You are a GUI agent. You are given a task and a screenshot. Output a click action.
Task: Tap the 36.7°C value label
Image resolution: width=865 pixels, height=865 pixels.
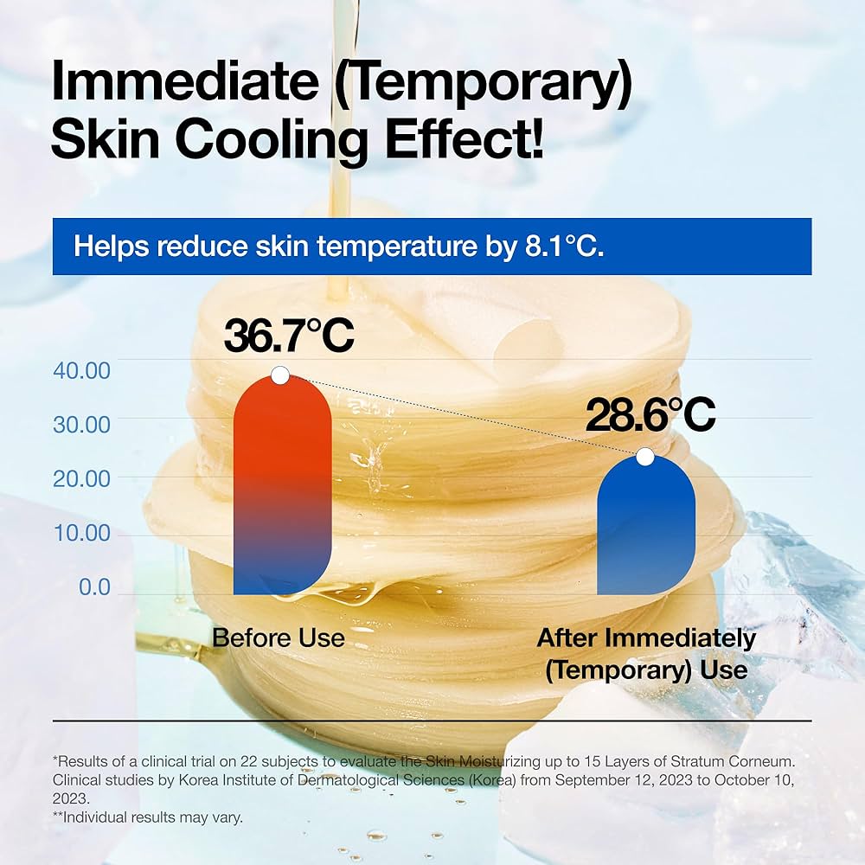(289, 336)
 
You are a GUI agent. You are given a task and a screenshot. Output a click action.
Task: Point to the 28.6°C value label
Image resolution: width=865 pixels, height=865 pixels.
(650, 416)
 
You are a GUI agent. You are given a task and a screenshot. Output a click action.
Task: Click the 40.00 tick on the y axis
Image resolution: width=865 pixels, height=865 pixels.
(82, 370)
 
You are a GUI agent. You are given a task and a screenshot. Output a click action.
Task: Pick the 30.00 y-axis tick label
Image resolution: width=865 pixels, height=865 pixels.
(82, 425)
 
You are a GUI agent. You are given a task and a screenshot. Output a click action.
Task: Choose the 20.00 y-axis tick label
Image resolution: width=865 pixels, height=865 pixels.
(82, 478)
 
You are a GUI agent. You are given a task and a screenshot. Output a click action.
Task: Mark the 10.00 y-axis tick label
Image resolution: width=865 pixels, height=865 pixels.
(82, 533)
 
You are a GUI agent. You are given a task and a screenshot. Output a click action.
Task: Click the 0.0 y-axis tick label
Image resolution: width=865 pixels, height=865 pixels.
(94, 587)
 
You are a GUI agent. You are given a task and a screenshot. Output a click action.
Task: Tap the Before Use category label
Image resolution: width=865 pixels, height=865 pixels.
(279, 638)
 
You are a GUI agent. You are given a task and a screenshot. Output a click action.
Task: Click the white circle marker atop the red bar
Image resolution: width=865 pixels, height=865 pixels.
(279, 375)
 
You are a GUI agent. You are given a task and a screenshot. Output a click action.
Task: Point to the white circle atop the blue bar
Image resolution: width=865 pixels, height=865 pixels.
(644, 456)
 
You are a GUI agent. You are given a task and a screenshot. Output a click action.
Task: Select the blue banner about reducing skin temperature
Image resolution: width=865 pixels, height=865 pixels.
(432, 246)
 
